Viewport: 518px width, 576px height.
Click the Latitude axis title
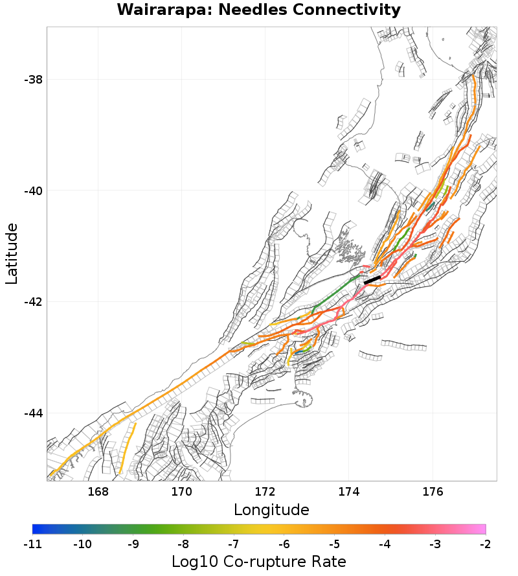(12, 253)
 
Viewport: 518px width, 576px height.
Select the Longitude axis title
(271, 510)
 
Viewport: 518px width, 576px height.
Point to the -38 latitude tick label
(33, 80)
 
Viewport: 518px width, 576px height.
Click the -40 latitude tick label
(33, 191)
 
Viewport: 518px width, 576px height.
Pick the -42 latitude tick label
(33, 302)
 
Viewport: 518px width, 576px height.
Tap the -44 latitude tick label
(33, 413)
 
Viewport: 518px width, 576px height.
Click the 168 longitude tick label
(98, 492)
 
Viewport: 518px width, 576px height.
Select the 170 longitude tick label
(181, 492)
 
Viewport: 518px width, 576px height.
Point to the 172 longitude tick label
(265, 492)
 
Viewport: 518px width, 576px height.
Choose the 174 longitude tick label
(348, 492)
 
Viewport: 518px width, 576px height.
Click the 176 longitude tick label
(432, 492)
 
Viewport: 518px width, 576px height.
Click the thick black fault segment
(372, 280)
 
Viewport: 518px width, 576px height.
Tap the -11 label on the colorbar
(32, 544)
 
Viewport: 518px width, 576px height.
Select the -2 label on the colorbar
(486, 544)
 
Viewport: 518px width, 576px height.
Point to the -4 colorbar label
(385, 544)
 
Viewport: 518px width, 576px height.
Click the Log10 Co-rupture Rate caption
(259, 561)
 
